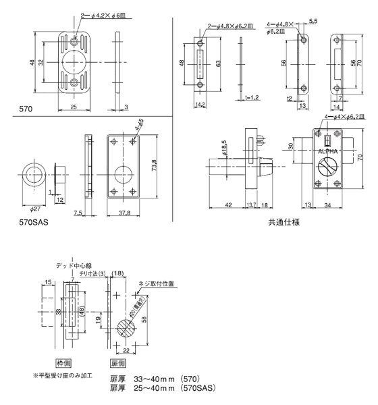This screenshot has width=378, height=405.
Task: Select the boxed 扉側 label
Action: point(118,362)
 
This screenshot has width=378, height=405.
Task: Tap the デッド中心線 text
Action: point(72,265)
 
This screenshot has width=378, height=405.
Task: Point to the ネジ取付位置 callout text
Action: point(156,284)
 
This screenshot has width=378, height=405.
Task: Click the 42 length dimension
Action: point(229,204)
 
